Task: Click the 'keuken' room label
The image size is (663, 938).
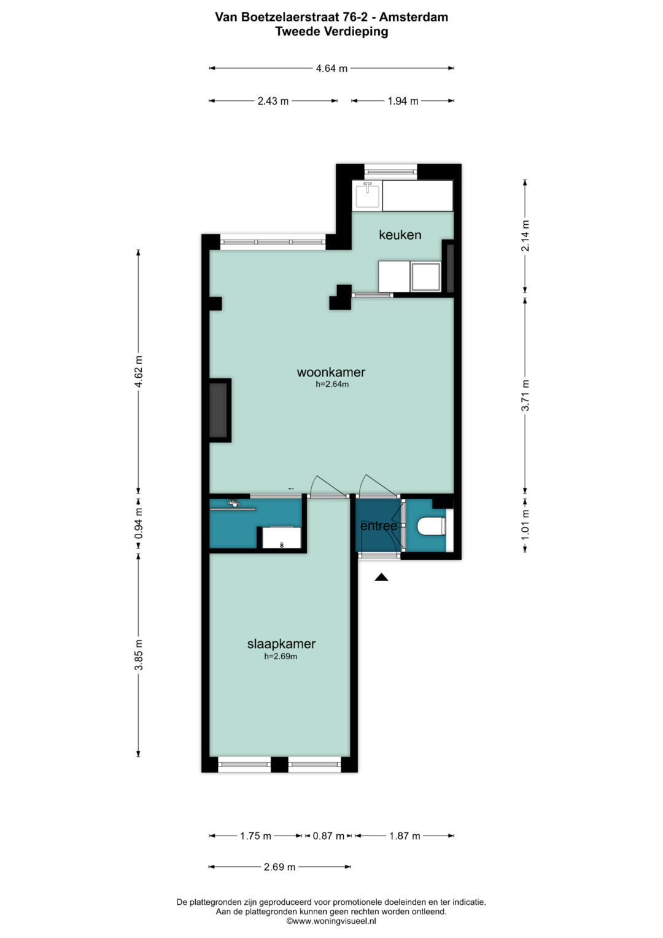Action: click(400, 235)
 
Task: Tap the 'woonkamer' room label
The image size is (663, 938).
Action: click(331, 372)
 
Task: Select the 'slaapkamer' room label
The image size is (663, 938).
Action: click(281, 644)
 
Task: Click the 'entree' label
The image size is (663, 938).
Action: click(378, 526)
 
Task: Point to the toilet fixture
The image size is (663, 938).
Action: click(431, 527)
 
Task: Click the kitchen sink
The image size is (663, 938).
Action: click(367, 195)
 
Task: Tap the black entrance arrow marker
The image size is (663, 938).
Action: click(381, 577)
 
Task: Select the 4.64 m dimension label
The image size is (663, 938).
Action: click(331, 68)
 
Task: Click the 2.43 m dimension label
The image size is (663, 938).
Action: click(273, 101)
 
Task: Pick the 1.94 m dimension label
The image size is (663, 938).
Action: click(403, 101)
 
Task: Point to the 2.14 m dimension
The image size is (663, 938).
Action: click(525, 235)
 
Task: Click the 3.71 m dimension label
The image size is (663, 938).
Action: click(525, 396)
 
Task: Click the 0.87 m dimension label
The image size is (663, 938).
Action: click(328, 835)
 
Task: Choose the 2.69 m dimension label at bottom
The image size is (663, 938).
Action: click(279, 867)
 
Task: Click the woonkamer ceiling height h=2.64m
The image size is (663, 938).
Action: click(332, 385)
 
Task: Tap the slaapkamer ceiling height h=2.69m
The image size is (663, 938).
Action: click(281, 657)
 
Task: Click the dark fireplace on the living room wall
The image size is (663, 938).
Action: click(219, 410)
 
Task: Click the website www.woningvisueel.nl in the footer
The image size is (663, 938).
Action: click(331, 921)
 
